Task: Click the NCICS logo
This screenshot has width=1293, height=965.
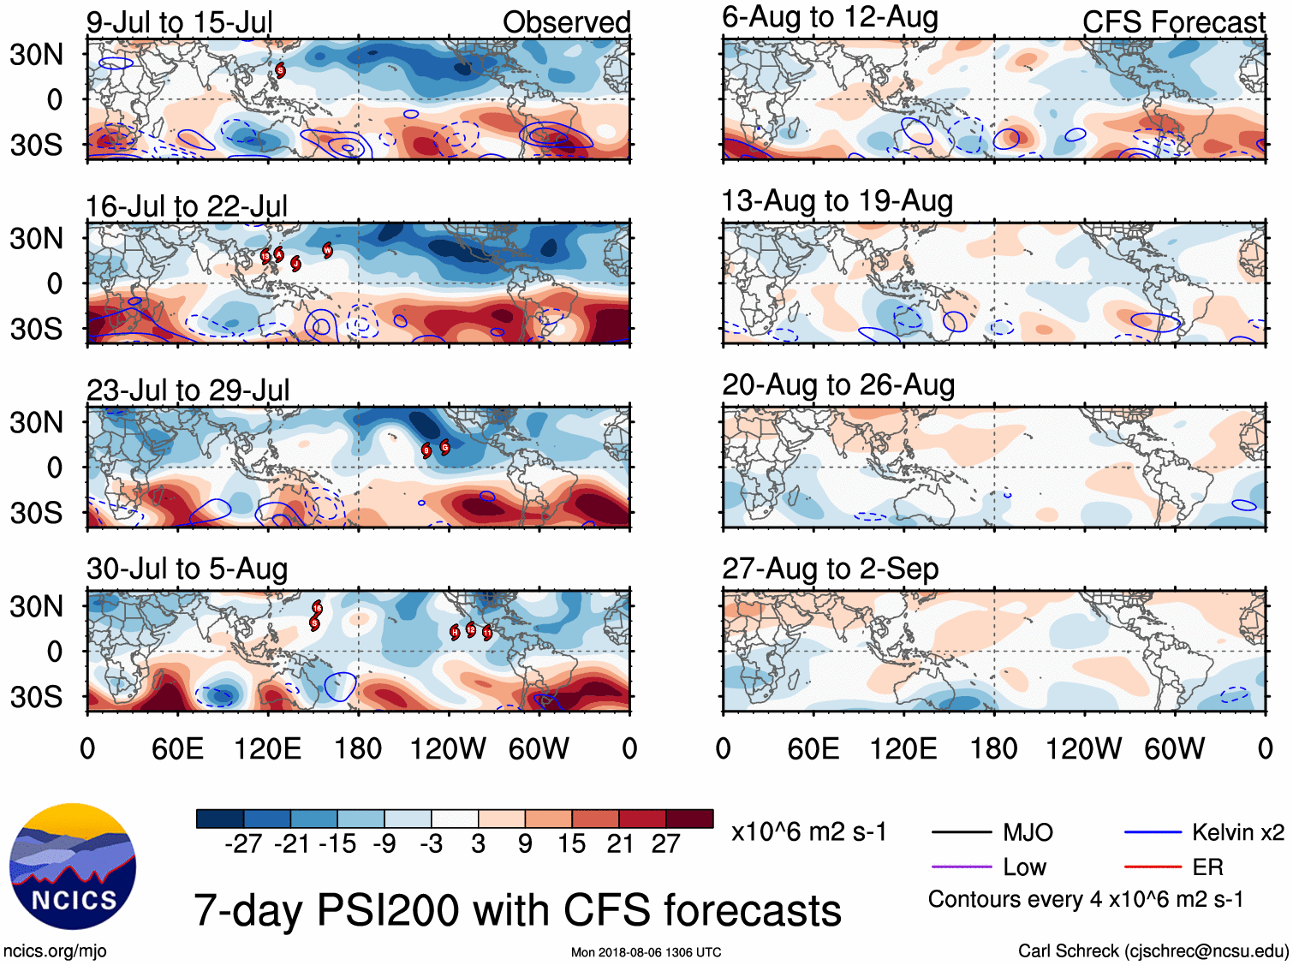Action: click(x=73, y=867)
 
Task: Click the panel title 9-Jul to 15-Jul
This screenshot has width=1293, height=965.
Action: click(x=179, y=22)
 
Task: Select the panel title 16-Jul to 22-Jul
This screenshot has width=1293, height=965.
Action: click(x=187, y=206)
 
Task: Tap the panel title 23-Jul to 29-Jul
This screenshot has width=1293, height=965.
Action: click(x=188, y=390)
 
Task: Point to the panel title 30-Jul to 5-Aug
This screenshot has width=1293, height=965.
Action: click(x=187, y=569)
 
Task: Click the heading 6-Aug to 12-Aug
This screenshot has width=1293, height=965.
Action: click(x=830, y=17)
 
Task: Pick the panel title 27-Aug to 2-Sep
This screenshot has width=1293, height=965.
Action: click(x=830, y=569)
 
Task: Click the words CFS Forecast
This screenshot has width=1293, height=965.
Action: click(x=1173, y=22)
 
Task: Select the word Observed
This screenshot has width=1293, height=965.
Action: click(x=566, y=22)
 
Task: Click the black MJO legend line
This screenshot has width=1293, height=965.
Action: click(x=961, y=832)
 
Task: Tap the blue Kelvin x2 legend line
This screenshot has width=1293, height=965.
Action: click(x=1153, y=832)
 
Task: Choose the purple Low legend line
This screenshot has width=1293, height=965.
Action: click(x=961, y=867)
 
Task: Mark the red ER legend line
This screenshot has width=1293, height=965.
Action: click(x=1153, y=867)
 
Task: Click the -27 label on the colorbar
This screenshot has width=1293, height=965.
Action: click(x=243, y=844)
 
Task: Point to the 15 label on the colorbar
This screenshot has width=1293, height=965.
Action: click(x=571, y=844)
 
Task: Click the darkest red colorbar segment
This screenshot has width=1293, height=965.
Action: click(x=689, y=819)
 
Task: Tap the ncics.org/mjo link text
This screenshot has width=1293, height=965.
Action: click(x=55, y=950)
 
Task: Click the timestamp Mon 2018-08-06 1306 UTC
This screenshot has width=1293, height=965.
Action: click(x=646, y=952)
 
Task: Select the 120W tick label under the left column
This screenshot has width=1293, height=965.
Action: click(x=447, y=749)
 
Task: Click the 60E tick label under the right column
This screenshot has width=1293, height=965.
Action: click(x=813, y=749)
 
